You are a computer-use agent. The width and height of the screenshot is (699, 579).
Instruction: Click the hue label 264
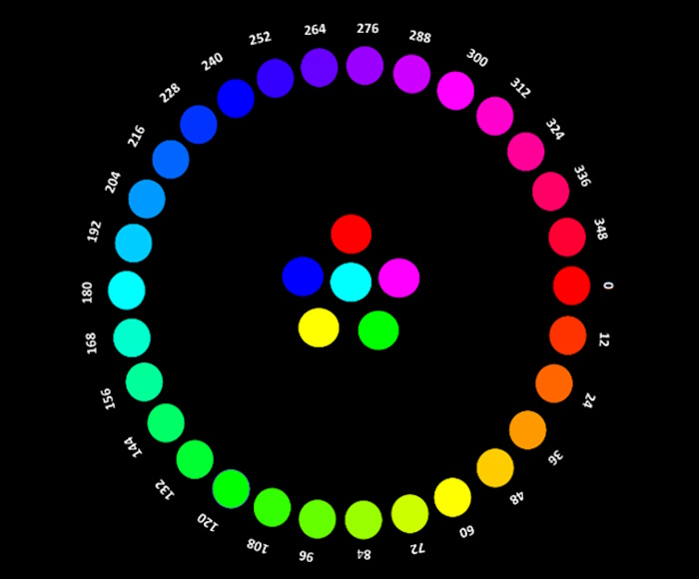coord(316,29)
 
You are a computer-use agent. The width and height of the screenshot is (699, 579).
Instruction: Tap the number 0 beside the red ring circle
coord(608,286)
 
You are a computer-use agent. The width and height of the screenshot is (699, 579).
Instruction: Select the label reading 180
coord(88,292)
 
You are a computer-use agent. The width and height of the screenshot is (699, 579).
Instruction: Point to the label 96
coord(307,556)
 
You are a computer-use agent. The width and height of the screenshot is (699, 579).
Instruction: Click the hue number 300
coord(477,58)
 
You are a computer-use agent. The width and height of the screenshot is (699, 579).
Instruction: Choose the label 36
coord(555,457)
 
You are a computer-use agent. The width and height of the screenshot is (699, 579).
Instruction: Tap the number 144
coord(133,446)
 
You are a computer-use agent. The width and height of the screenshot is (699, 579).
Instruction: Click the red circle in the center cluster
coord(351,234)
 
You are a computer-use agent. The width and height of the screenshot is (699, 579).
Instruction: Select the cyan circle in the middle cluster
coord(350,282)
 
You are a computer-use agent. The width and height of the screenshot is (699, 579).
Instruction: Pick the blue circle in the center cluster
coord(303,277)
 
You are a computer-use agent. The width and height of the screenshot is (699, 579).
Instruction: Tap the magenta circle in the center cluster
coord(399,278)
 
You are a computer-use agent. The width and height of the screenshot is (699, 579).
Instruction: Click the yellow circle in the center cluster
coord(319,327)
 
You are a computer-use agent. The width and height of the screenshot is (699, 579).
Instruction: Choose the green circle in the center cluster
coord(378,330)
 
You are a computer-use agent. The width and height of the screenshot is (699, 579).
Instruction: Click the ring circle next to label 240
coord(236,99)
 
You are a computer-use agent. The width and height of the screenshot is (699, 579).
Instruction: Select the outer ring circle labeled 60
coord(452,497)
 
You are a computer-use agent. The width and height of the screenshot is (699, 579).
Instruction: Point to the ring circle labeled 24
coord(554,383)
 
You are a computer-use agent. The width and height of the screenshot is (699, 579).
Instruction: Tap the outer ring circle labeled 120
coord(231,489)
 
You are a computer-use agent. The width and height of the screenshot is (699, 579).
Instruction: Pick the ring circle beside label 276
coord(364,66)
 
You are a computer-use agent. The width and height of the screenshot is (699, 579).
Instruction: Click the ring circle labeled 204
coord(147,199)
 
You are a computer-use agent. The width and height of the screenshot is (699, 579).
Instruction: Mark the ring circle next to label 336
coord(551,192)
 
